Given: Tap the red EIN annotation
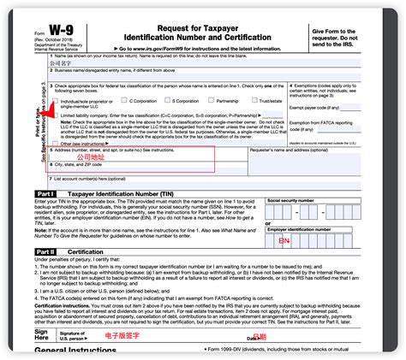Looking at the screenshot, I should coord(284,240).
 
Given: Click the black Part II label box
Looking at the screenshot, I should coord(46,251).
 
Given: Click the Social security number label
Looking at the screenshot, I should coord(295,199).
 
